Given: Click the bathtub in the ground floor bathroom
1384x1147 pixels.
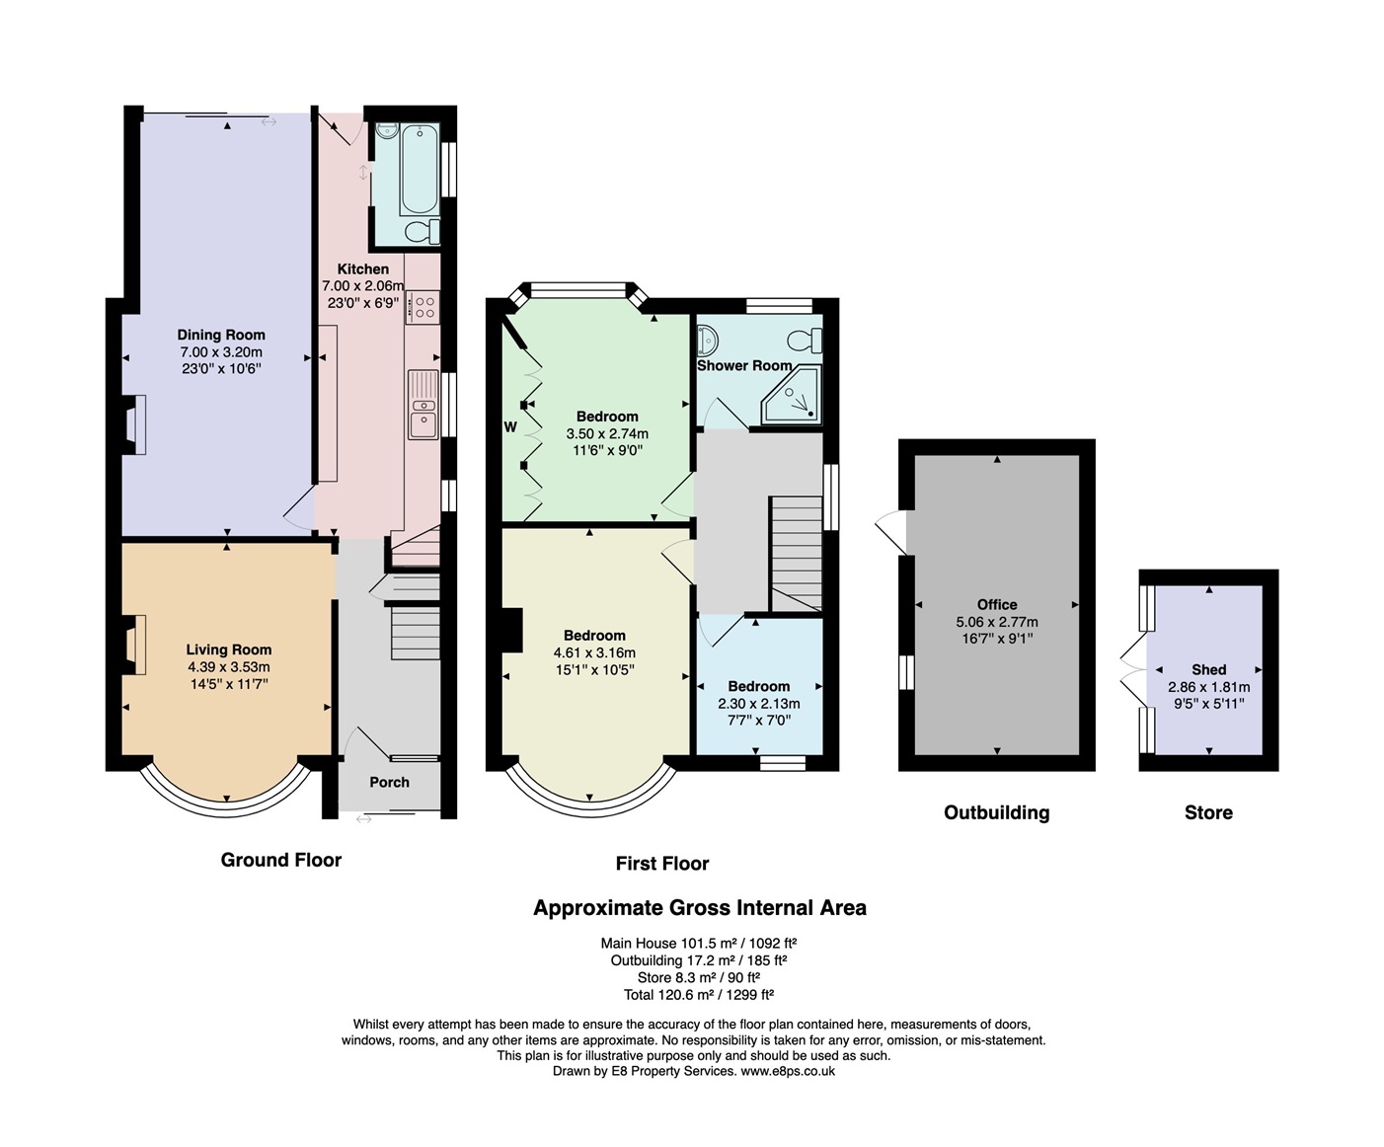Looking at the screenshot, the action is pyautogui.click(x=419, y=169).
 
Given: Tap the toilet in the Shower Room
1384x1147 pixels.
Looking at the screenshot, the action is pyautogui.click(x=806, y=341).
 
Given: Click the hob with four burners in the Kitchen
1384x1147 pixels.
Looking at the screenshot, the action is pyautogui.click(x=423, y=308).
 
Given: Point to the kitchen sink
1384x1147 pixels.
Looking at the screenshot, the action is pyautogui.click(x=423, y=405).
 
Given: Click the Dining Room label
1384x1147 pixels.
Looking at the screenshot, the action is pyautogui.click(x=221, y=335).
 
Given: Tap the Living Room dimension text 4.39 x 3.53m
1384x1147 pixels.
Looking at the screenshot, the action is pyautogui.click(x=229, y=667).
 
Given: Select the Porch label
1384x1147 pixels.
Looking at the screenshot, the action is pyautogui.click(x=389, y=783).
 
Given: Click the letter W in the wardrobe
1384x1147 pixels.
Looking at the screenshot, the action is pyautogui.click(x=510, y=427).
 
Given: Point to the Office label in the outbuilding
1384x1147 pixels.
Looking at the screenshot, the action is pyautogui.click(x=997, y=605).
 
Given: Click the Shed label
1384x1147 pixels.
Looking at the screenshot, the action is pyautogui.click(x=1209, y=669).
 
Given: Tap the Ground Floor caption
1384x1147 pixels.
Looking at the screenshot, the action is pyautogui.click(x=281, y=860).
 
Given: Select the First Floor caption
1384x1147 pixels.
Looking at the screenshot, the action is pyautogui.click(x=662, y=864).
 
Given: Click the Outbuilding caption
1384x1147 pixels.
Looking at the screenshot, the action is pyautogui.click(x=997, y=812).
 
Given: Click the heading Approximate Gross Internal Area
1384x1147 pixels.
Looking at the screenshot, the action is pyautogui.click(x=700, y=908).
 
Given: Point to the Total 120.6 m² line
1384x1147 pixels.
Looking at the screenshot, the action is pyautogui.click(x=699, y=995).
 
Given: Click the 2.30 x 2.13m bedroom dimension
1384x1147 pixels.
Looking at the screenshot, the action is pyautogui.click(x=759, y=704).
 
